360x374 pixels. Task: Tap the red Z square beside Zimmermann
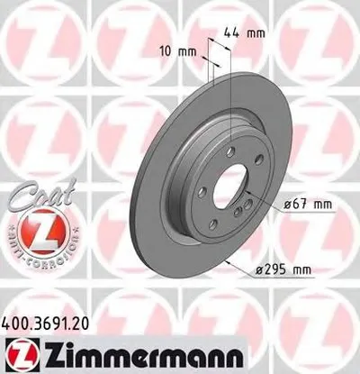[x=16, y=351]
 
